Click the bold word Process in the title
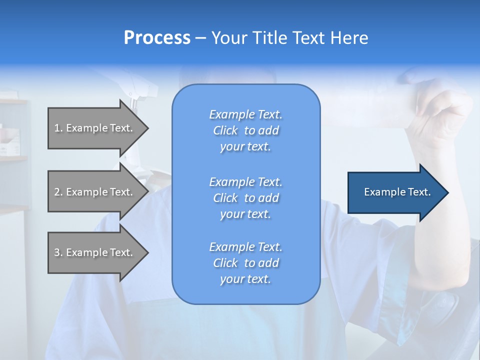coord(157,38)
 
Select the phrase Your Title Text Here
coord(289,38)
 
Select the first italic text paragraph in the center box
coord(245,130)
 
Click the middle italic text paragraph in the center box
coord(245,198)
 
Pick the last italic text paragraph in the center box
coord(245,263)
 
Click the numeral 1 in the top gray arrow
coord(56,128)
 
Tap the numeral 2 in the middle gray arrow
coord(56,192)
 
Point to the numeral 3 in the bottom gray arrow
coord(56,252)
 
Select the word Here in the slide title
coord(350,38)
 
